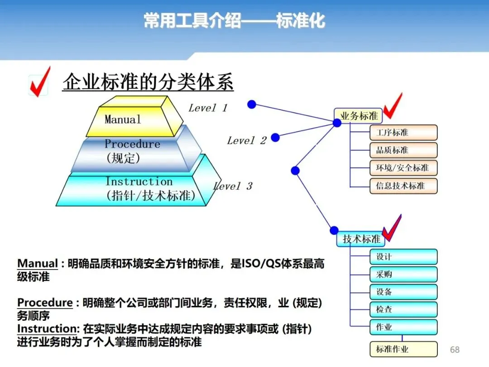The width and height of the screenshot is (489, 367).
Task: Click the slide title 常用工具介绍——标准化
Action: (234, 21)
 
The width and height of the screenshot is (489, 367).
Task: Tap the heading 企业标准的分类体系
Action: (148, 82)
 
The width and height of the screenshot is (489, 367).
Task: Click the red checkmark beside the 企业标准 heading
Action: (39, 82)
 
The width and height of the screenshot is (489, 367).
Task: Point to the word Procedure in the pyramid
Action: (132, 144)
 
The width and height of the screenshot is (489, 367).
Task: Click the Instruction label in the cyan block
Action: (139, 182)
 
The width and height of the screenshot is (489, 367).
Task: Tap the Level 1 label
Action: (208, 108)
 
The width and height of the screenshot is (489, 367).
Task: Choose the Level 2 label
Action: (247, 140)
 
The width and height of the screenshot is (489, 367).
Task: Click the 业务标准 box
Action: (359, 116)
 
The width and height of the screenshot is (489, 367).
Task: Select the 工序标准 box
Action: (403, 133)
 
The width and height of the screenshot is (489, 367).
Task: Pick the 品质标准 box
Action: (403, 150)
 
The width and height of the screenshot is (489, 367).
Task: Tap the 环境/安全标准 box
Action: (403, 168)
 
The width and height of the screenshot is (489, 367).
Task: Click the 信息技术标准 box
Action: (403, 186)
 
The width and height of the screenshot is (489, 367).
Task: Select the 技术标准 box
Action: (361, 239)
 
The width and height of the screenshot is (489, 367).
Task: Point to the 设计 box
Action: (403, 257)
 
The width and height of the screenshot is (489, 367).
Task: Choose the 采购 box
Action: (403, 275)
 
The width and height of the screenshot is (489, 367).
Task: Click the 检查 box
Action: (403, 309)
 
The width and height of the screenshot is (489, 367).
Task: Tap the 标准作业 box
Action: (403, 349)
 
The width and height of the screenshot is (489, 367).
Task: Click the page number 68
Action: (454, 349)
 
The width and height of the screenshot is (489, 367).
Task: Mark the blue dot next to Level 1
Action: (252, 105)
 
